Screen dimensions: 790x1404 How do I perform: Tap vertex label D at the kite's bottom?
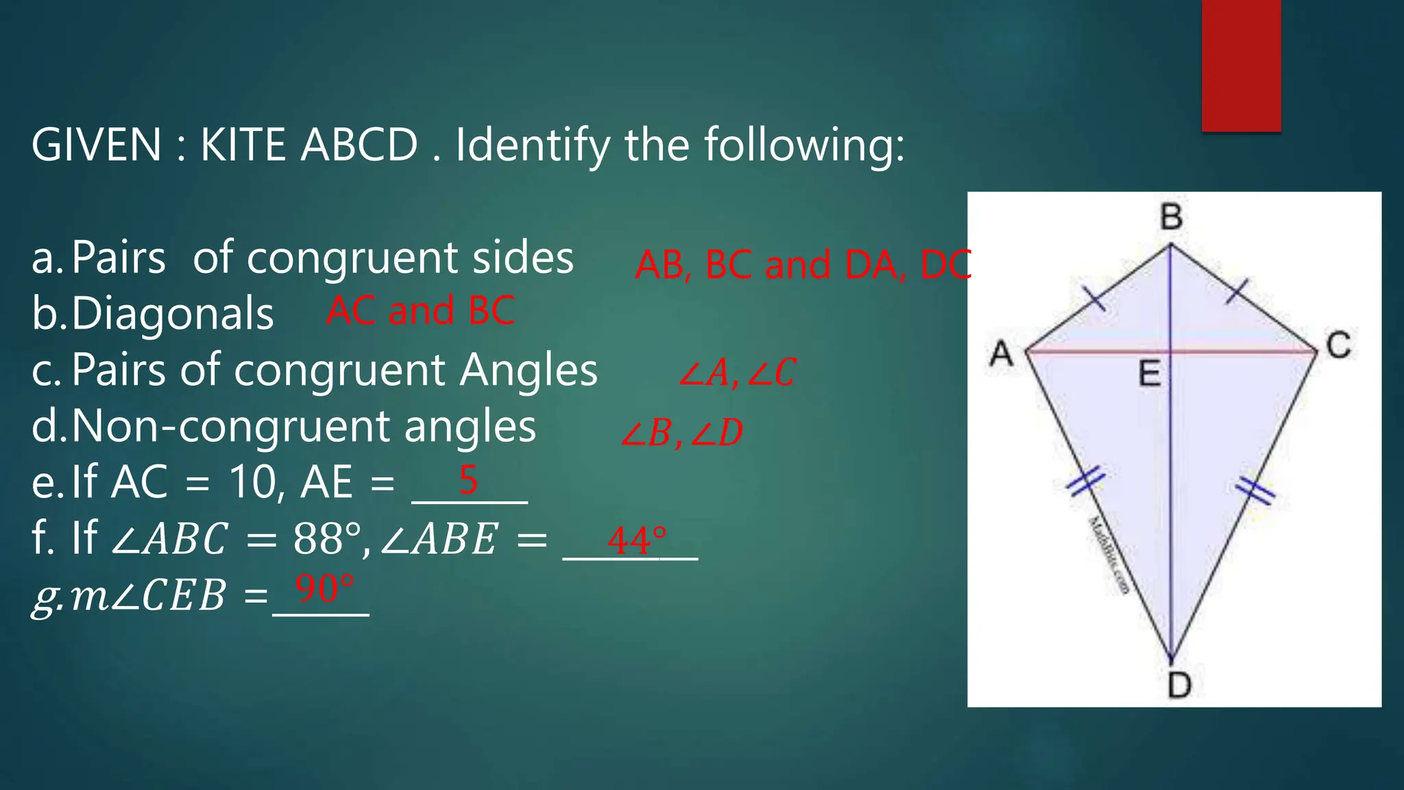[1179, 684]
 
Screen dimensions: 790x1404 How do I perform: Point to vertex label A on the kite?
[1002, 354]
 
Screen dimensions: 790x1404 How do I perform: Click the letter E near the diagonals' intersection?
[1150, 374]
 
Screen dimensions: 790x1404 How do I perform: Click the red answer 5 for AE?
[468, 479]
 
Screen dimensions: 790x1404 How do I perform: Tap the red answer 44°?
[636, 540]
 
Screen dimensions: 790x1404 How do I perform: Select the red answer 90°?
[324, 589]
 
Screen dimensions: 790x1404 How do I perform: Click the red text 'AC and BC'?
[420, 311]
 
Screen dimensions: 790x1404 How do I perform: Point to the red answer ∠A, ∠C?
[737, 373]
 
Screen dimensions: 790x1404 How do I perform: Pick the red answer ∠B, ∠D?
[681, 433]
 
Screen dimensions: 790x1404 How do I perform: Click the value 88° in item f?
[326, 539]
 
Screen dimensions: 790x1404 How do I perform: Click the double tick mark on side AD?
[1086, 479]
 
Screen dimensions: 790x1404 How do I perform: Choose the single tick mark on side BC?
[1237, 291]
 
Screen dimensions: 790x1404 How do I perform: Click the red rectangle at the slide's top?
[1241, 65]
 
